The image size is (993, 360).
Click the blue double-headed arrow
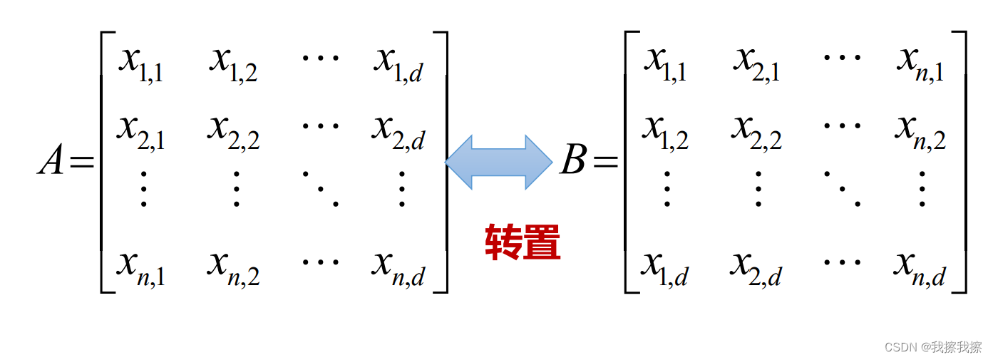[x=498, y=162]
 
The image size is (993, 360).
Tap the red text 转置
[x=523, y=242]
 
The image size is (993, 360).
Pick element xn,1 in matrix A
[x=141, y=268]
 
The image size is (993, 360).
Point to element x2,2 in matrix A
[x=234, y=132]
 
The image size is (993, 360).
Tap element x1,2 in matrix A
[x=234, y=64]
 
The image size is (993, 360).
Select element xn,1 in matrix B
[x=920, y=64]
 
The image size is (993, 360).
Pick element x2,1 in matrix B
[x=756, y=64]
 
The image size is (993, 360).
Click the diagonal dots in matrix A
[x=318, y=187]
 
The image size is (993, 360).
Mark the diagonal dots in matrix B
[x=840, y=187]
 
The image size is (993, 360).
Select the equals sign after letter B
[x=605, y=163]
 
